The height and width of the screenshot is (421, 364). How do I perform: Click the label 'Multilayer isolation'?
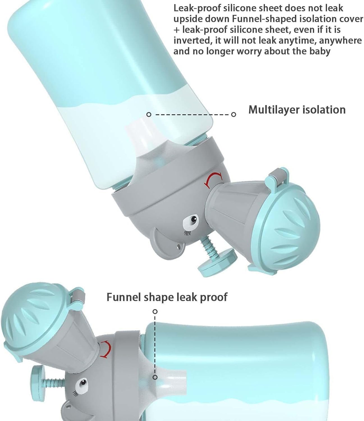click(297, 110)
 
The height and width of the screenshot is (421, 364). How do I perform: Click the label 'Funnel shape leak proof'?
click(167, 297)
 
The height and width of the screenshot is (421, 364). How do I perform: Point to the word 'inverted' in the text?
click(192, 40)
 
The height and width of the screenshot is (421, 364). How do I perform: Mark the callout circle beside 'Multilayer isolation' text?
click(233, 115)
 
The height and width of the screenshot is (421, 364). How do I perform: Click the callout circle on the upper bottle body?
click(149, 115)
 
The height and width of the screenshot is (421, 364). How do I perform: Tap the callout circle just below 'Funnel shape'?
click(155, 312)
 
